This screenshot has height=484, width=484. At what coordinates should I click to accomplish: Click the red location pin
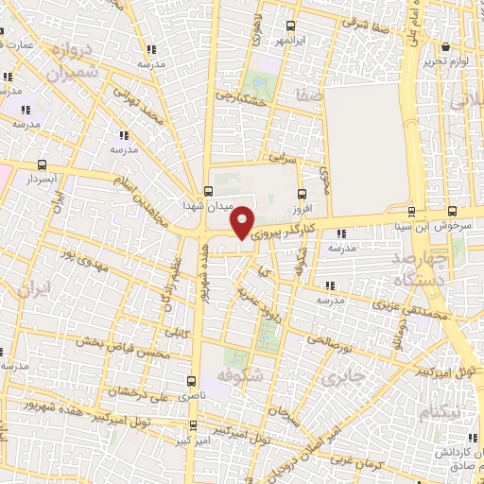[x=244, y=222]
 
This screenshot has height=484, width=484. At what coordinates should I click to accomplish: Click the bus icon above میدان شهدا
[x=208, y=190]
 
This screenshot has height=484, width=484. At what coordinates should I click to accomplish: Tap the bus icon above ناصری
[x=192, y=381]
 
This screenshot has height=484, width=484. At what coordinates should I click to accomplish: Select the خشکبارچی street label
[x=237, y=98]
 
